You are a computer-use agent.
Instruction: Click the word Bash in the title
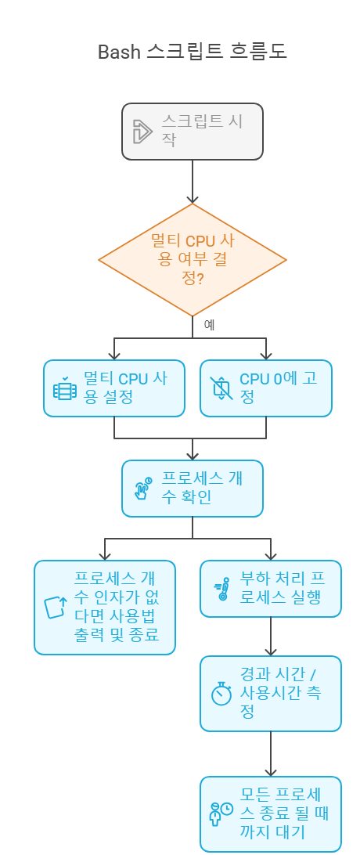pos(120,52)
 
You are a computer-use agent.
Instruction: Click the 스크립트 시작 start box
pos(193,132)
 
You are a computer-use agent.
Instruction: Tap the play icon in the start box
pos(142,132)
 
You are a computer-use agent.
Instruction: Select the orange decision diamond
pos(193,260)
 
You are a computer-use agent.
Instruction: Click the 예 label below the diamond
pos(209,325)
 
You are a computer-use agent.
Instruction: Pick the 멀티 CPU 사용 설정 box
pos(114,388)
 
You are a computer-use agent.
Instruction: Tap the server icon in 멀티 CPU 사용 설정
pos(65,388)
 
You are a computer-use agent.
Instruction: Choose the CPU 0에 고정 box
pos(266,388)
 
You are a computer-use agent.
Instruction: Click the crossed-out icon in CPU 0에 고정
pos(221,388)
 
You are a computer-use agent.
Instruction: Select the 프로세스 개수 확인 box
pos(193,489)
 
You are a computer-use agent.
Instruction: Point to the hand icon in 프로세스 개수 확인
pos(143,489)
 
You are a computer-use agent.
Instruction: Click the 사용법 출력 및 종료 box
pos(105,608)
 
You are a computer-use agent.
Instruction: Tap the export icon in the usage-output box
pos(55,608)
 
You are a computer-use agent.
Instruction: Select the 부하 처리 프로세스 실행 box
pos(271,589)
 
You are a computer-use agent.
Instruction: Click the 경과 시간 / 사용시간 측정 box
pos(271,694)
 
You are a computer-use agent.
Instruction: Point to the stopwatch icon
pos(221,694)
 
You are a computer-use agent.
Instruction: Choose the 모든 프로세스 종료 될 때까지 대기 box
pos(271,814)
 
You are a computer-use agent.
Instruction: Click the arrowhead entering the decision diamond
pos(193,200)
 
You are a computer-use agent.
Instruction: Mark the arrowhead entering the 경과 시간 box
pos(271,651)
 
